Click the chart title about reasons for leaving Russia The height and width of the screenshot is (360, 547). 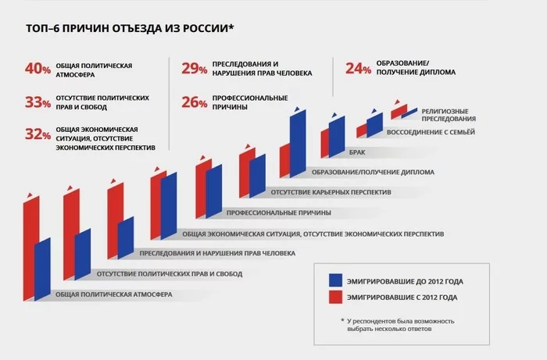point(130,30)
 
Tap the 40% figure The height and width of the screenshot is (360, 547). point(38,70)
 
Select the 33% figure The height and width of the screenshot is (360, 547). point(38,102)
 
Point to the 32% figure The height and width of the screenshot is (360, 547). point(38,135)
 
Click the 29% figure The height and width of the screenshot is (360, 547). point(194,70)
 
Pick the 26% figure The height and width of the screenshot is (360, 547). point(194,102)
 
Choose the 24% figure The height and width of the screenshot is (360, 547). point(358,70)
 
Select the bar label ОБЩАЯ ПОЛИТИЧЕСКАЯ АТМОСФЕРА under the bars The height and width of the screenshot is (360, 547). point(113,294)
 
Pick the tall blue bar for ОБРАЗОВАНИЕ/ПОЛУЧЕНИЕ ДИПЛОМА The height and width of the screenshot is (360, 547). point(297,144)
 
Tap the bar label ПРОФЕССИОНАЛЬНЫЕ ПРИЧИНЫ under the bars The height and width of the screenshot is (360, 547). point(278,212)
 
